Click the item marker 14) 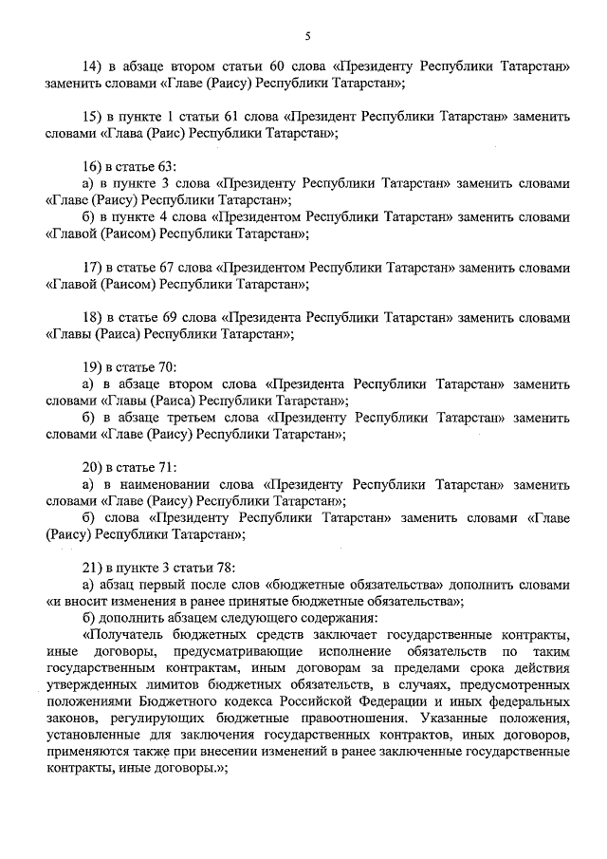click(x=93, y=66)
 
